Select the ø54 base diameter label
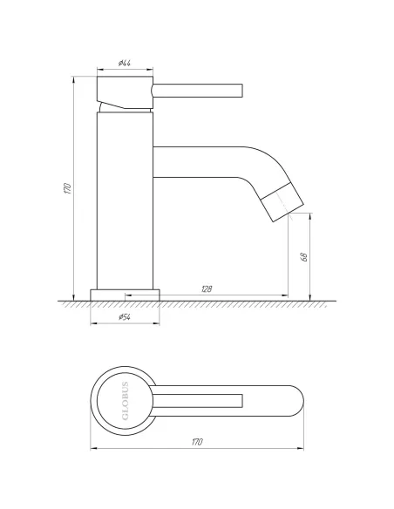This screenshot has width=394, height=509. coord(126,316)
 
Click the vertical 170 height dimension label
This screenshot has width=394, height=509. coord(66,189)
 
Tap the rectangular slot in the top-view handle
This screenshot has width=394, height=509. coord(209,401)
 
